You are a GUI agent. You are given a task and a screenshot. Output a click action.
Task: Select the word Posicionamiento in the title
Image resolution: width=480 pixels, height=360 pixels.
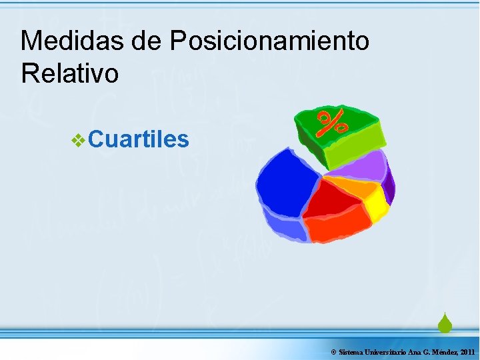[x=269, y=41]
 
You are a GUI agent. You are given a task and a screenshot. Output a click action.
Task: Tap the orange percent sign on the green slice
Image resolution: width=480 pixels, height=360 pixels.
[x=331, y=123]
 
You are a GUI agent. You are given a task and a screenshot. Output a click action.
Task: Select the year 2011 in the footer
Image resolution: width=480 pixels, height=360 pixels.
[x=467, y=351]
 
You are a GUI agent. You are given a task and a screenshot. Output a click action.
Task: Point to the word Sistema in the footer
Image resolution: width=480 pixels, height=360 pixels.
[x=351, y=351]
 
